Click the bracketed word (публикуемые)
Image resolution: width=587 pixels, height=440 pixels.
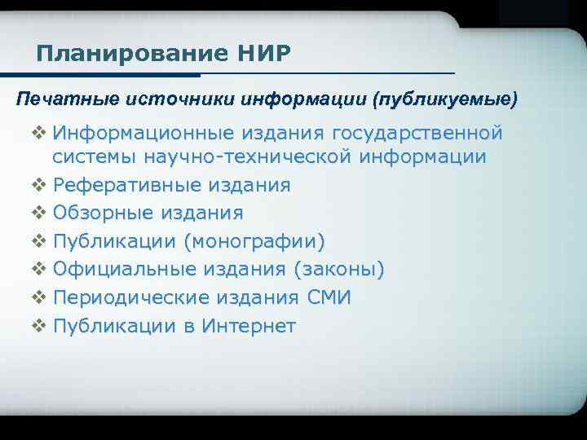pyautogui.click(x=444, y=99)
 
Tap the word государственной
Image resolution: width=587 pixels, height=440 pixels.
pyautogui.click(x=416, y=133)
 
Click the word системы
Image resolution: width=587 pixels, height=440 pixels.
pyautogui.click(x=92, y=156)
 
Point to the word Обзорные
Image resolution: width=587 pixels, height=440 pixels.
pyautogui.click(x=102, y=213)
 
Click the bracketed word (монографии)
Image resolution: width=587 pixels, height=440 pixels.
pyautogui.click(x=254, y=241)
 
